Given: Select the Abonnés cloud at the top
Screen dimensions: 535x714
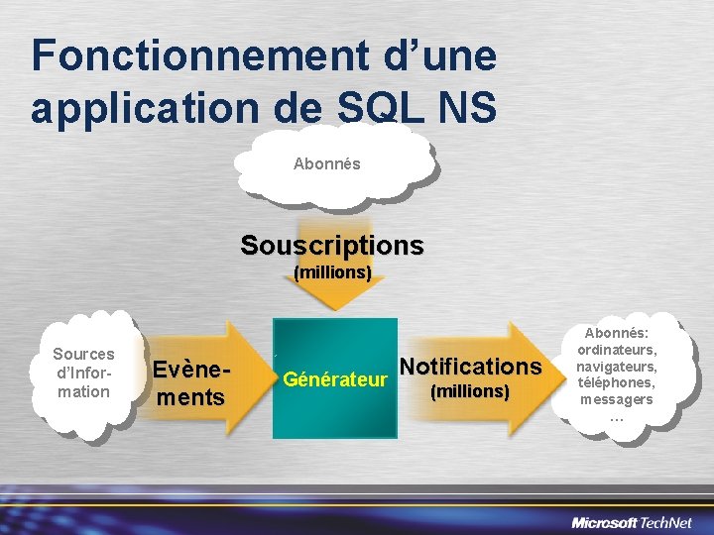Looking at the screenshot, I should pyautogui.click(x=327, y=163).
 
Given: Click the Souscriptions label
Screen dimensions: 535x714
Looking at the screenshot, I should pyautogui.click(x=332, y=245).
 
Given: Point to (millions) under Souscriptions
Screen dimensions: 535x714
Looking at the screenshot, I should pyautogui.click(x=332, y=271).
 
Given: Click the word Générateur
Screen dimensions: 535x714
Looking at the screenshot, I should pyautogui.click(x=334, y=377).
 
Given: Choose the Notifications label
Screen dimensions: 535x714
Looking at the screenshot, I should pyautogui.click(x=470, y=367).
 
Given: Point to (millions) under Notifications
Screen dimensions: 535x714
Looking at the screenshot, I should pyautogui.click(x=470, y=391).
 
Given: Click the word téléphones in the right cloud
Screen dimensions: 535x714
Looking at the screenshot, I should pyautogui.click(x=617, y=382).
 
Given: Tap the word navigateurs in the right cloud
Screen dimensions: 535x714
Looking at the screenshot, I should pyautogui.click(x=617, y=367).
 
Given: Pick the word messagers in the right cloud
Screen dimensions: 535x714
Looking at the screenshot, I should pyautogui.click(x=617, y=399).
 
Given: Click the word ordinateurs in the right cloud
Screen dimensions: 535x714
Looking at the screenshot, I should pyautogui.click(x=617, y=350).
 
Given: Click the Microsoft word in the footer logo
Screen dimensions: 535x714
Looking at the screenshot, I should pyautogui.click(x=606, y=521).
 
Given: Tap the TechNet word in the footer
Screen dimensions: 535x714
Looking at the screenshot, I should pyautogui.click(x=668, y=521).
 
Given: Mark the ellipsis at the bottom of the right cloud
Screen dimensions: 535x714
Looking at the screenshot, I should pyautogui.click(x=617, y=417).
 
